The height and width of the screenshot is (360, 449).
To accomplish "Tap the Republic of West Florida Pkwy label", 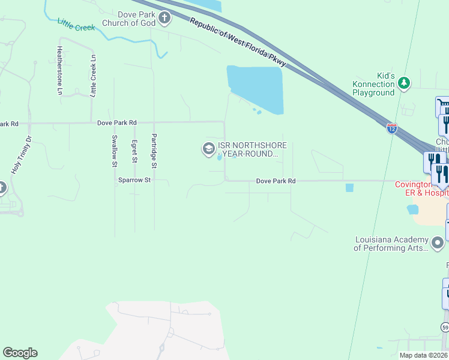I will click(x=238, y=43).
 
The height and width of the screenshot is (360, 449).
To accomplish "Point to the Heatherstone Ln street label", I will click(x=59, y=71).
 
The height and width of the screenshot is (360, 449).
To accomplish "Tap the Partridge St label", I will click(x=154, y=151).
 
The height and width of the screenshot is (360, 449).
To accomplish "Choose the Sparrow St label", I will click(x=134, y=179).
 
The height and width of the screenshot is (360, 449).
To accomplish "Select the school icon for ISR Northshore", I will click(x=208, y=149).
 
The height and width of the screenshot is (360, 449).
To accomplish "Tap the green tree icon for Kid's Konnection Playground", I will click(x=404, y=83).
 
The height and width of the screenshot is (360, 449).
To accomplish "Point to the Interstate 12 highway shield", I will click(x=391, y=128).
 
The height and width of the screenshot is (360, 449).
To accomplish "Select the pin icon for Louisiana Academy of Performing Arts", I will click(x=438, y=243).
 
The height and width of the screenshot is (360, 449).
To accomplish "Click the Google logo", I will click(x=20, y=353).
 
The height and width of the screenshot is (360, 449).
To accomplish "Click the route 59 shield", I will click(x=445, y=327).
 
